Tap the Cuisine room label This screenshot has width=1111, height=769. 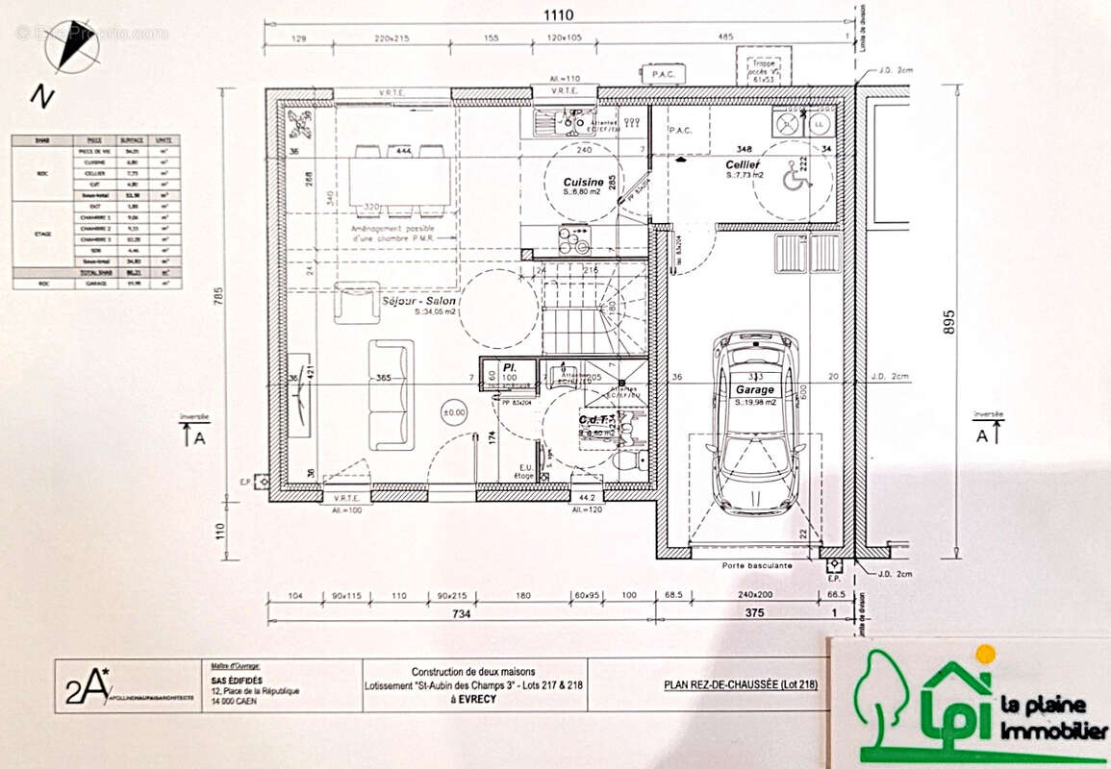tap(583, 182)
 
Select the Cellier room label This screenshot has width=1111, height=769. tap(744, 165)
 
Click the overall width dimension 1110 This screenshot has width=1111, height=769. tap(561, 14)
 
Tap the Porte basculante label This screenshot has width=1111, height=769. tap(757, 565)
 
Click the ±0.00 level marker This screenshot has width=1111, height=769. tap(452, 411)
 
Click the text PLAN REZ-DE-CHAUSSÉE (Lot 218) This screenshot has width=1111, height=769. tap(741, 685)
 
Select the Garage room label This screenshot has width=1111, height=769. tap(754, 390)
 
